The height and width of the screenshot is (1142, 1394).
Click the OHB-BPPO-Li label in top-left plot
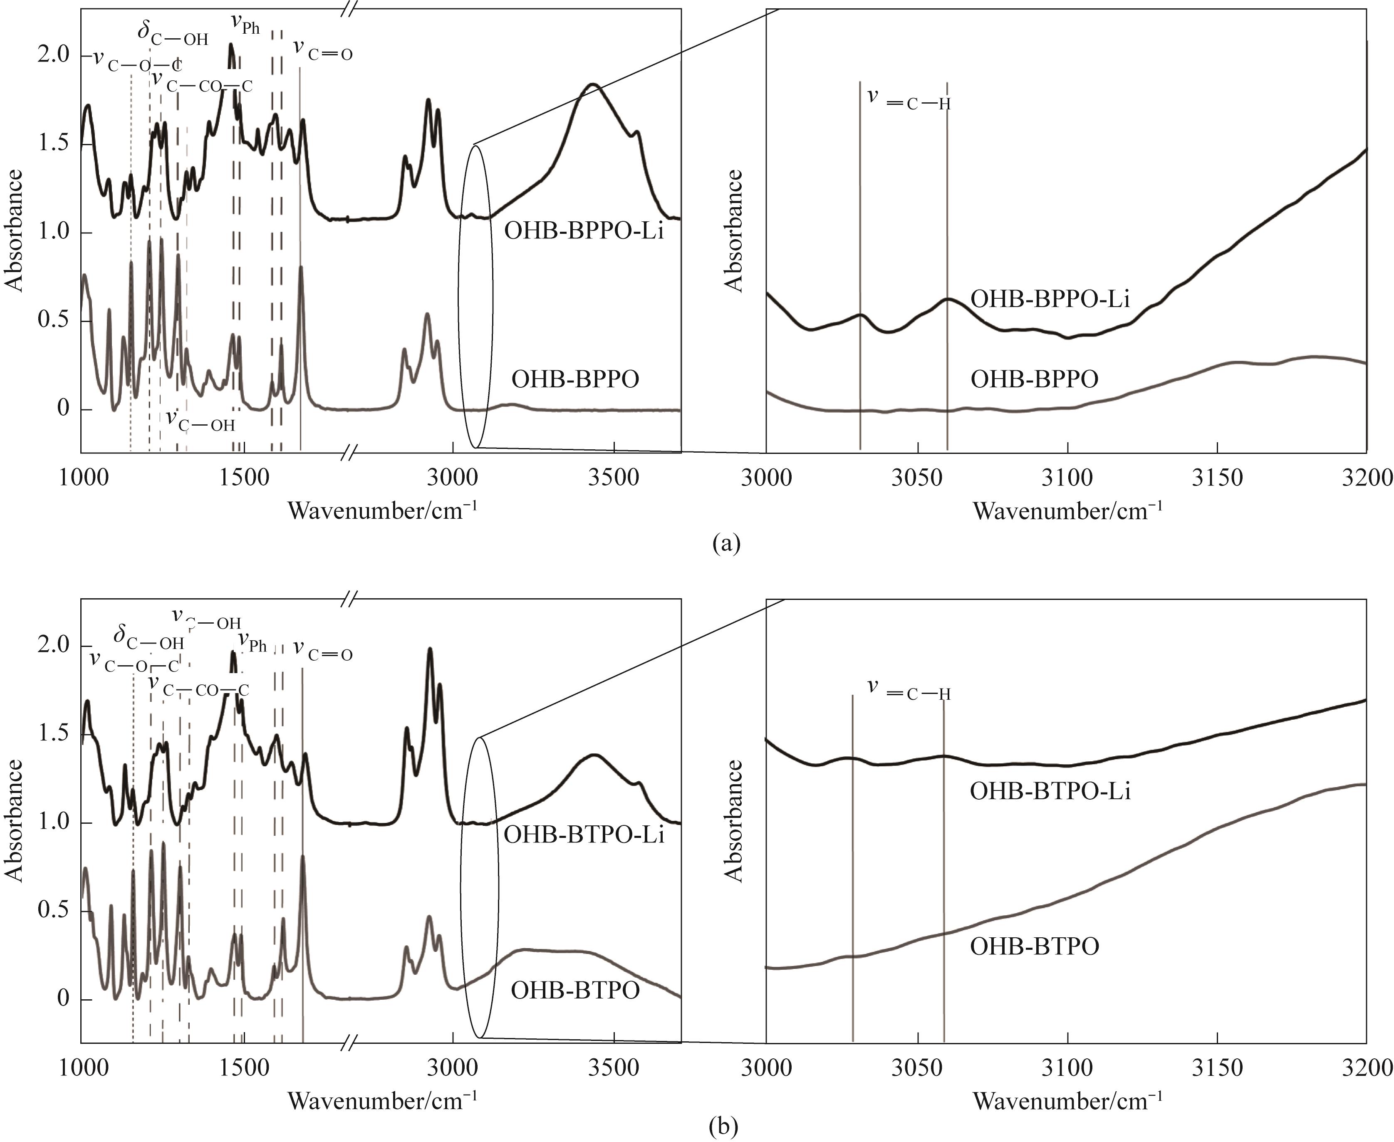pyautogui.click(x=584, y=232)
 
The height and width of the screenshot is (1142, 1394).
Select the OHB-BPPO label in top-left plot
pyautogui.click(x=575, y=379)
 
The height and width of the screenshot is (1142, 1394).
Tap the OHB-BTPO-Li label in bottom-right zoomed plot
pyautogui.click(x=1050, y=791)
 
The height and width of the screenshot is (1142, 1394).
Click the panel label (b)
pyautogui.click(x=724, y=1127)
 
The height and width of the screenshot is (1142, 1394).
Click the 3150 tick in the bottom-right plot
pyautogui.click(x=1217, y=1067)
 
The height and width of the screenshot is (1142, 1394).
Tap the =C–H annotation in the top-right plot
pyautogui.click(x=909, y=99)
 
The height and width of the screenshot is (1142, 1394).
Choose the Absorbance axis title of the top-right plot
pyautogui.click(x=733, y=230)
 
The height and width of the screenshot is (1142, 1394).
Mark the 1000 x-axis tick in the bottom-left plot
pyautogui.click(x=84, y=1067)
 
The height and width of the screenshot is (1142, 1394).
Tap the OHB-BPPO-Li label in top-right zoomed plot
pyautogui.click(x=1050, y=299)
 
